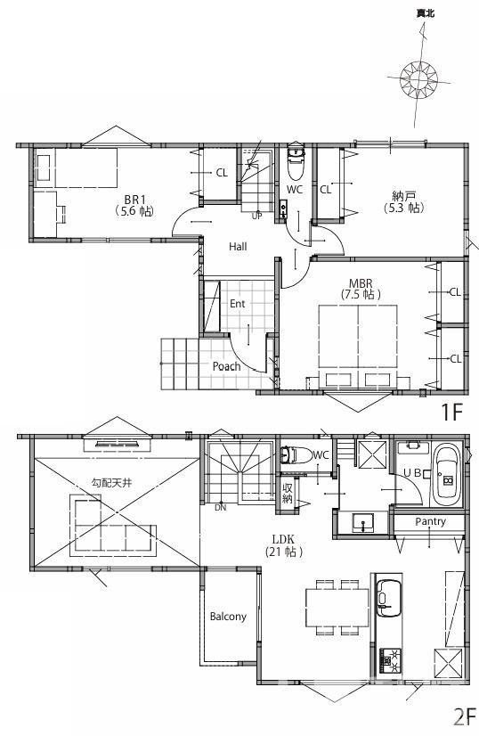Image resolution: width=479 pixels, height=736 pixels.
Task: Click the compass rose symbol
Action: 418,79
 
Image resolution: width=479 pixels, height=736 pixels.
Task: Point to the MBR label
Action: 361,283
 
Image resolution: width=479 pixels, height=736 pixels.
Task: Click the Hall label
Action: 238,247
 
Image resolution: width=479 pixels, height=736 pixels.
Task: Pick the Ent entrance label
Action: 238,304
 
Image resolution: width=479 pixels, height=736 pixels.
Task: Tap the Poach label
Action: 227,366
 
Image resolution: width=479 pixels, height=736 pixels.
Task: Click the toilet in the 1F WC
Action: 296,163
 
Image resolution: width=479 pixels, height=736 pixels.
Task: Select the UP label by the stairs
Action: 256,217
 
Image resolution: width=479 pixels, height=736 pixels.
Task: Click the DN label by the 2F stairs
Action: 220,507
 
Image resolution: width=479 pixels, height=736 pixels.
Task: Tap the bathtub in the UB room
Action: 446,474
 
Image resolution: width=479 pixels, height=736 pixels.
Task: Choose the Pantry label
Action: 430,521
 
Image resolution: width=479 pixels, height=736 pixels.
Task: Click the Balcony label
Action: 228,617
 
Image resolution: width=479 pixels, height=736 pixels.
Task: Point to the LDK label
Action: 283,539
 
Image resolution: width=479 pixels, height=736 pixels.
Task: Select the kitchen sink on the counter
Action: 389,598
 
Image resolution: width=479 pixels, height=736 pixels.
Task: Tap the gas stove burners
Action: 389,659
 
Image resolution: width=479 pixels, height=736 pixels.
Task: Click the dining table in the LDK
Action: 337,608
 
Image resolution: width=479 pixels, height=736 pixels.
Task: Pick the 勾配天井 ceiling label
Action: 111,482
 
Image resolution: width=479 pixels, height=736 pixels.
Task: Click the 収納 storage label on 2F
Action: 287,493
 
